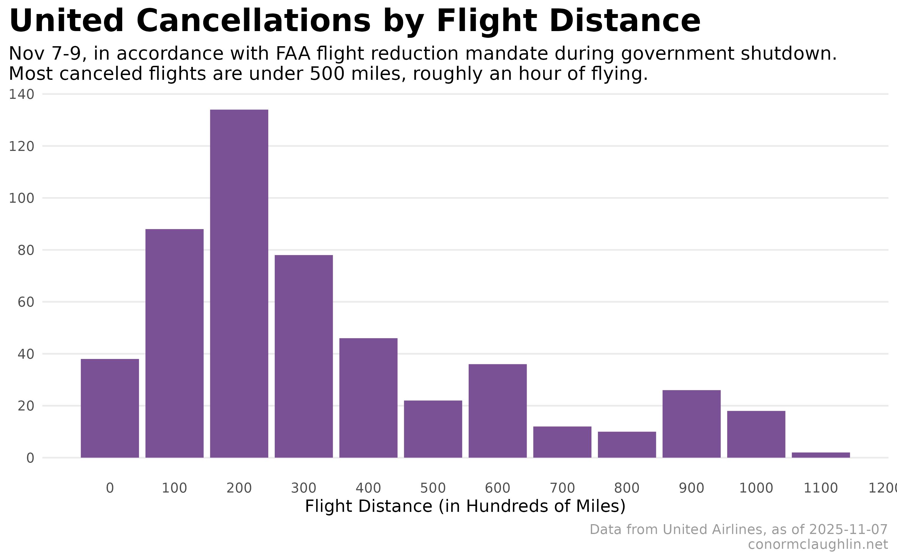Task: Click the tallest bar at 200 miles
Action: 239,283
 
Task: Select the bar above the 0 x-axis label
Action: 110,408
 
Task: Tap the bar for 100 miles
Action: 174,343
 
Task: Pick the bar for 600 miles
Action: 498,411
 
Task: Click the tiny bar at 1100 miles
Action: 821,455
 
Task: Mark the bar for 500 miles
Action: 433,429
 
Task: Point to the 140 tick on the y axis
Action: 22,94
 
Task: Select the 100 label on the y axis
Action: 22,199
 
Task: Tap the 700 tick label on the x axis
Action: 562,488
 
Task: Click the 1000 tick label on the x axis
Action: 756,488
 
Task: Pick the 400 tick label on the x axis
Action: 368,488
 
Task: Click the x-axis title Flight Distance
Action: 465,506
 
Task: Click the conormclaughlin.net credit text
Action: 818,544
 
